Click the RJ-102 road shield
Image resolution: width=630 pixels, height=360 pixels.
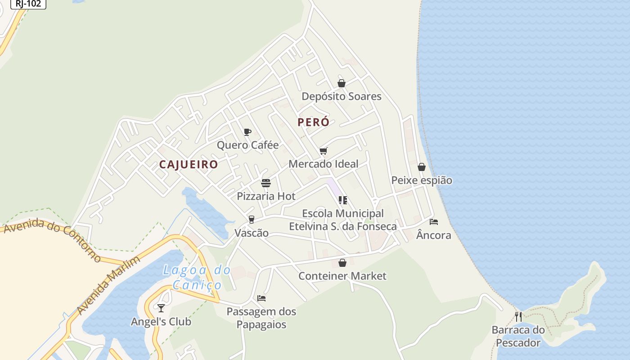(28, 4)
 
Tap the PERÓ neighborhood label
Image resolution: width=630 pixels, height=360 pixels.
(313, 122)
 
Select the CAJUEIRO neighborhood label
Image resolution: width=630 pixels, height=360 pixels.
(189, 164)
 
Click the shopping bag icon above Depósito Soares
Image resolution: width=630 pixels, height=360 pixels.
(342, 83)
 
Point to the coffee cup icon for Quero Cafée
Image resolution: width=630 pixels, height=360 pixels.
(247, 132)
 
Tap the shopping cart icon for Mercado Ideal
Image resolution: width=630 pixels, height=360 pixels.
(324, 151)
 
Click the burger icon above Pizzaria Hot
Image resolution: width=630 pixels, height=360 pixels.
(266, 183)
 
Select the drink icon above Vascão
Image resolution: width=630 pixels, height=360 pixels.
(252, 220)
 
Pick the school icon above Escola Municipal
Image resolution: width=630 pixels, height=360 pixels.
(343, 200)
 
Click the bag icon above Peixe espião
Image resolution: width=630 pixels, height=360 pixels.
(422, 167)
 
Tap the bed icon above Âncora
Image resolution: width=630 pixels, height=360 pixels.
(434, 222)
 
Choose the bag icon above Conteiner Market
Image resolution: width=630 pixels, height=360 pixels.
(342, 263)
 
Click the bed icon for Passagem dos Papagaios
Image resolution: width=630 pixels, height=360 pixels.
(261, 298)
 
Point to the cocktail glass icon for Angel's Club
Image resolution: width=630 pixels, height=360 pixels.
(161, 308)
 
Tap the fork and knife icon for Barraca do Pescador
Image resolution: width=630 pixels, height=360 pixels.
(518, 316)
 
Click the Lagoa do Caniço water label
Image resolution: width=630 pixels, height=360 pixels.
(197, 277)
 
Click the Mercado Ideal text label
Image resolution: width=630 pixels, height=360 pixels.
(324, 164)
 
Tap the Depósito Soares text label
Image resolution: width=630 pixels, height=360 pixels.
(342, 96)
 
